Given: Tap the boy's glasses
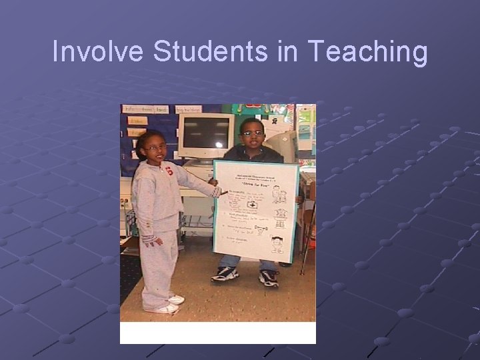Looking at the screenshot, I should point(253,133).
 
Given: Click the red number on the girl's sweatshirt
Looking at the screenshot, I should point(169,171).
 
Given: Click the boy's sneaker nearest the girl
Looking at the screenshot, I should point(225,273).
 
